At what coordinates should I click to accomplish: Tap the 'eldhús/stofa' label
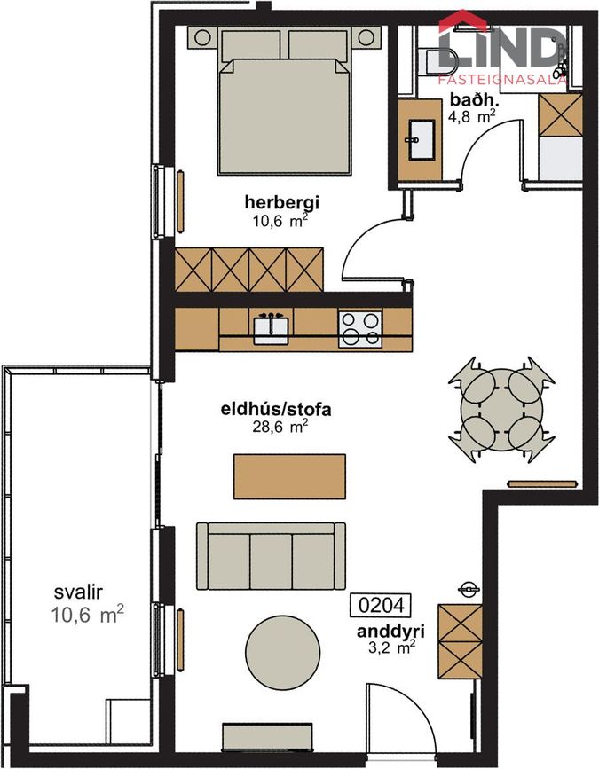tap(276, 409)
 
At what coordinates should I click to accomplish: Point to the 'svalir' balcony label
tap(78, 592)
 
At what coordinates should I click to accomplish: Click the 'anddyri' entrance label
tap(390, 632)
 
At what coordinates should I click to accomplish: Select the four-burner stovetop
tap(360, 328)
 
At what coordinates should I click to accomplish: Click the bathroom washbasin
tap(421, 140)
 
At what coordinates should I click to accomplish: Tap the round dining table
tap(501, 410)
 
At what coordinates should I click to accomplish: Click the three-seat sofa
tap(271, 555)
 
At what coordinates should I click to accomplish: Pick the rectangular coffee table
tap(289, 476)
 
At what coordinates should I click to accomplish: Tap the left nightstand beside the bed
tap(202, 38)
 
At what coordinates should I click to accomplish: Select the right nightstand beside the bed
tap(366, 37)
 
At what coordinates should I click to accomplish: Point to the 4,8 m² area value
tap(471, 117)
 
